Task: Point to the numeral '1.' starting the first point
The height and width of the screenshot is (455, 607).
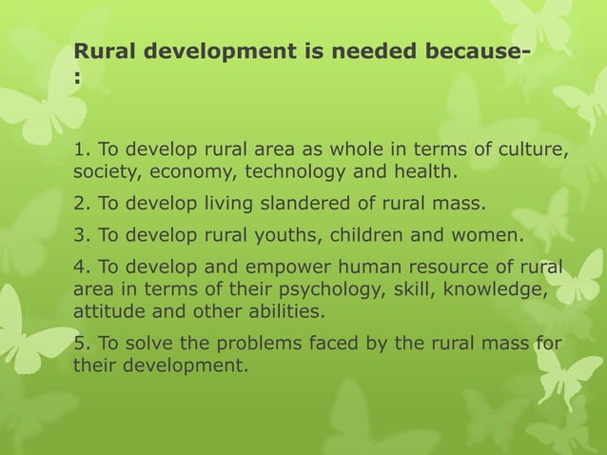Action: point(83,149)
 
